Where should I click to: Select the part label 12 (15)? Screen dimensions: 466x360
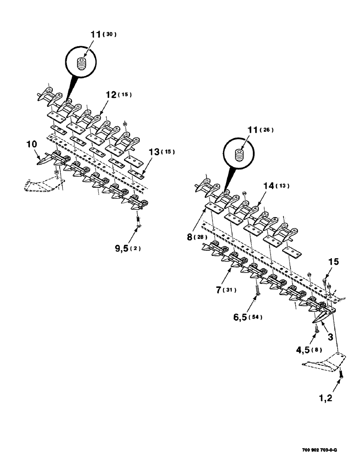[118, 95]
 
